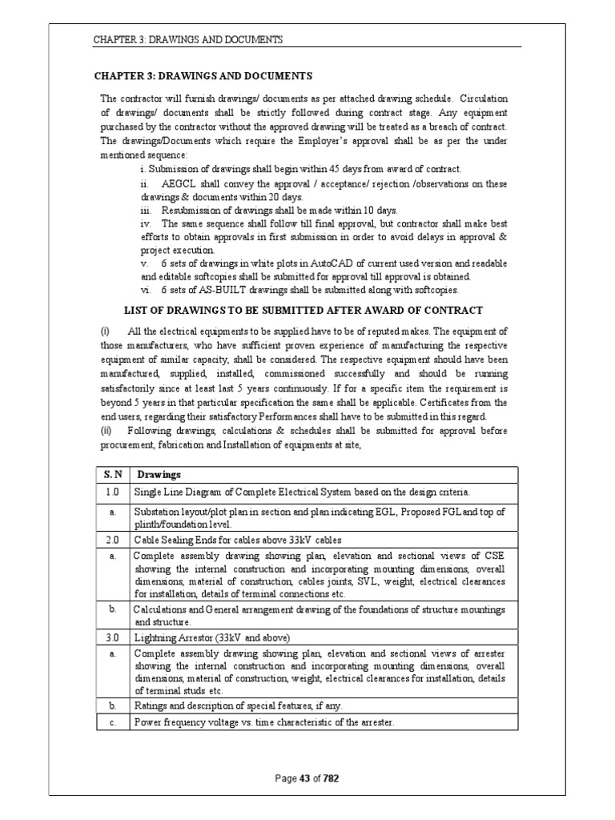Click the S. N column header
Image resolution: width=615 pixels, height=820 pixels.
tap(113, 475)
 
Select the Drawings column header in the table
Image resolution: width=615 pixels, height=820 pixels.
tap(157, 475)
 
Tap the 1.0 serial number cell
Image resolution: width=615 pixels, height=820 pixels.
tap(113, 491)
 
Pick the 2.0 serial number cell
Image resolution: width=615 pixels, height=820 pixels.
tap(113, 538)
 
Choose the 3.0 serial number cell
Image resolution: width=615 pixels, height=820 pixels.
tap(113, 637)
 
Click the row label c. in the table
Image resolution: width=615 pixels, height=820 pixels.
tap(113, 722)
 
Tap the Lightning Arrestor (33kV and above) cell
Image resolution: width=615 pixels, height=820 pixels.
tap(211, 637)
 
